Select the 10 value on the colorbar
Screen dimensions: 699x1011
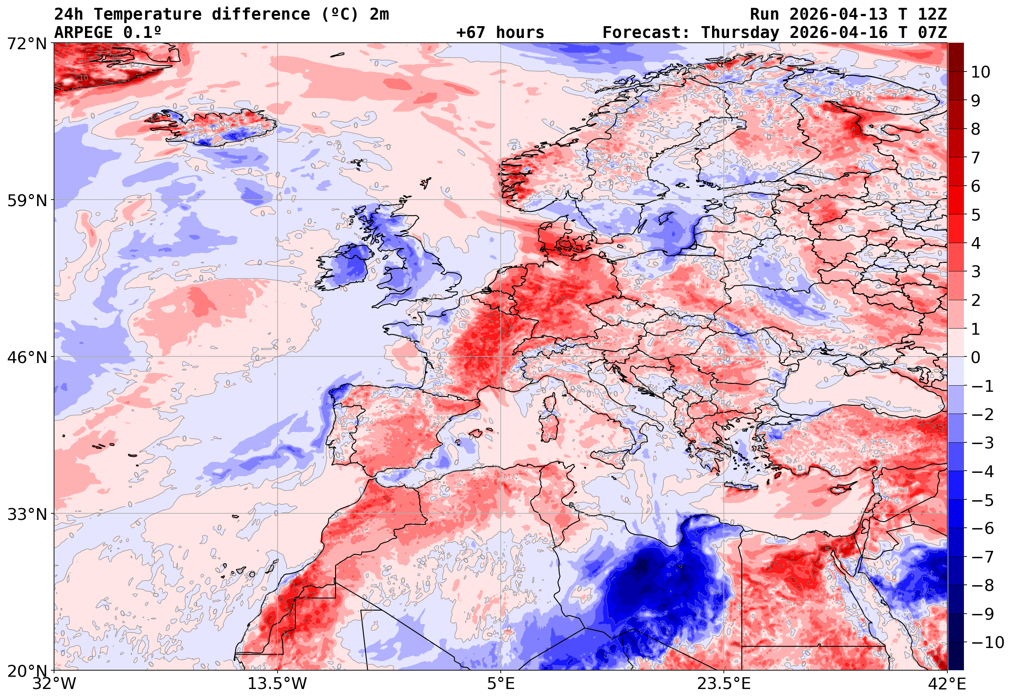pyautogui.click(x=980, y=72)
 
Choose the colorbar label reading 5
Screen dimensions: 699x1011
pyautogui.click(x=976, y=215)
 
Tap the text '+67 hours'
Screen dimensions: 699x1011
pyautogui.click(x=500, y=32)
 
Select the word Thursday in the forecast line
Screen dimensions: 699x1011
pyautogui.click(x=740, y=32)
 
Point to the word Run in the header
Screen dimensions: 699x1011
pyautogui.click(x=764, y=14)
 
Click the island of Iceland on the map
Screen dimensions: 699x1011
pyautogui.click(x=219, y=127)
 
